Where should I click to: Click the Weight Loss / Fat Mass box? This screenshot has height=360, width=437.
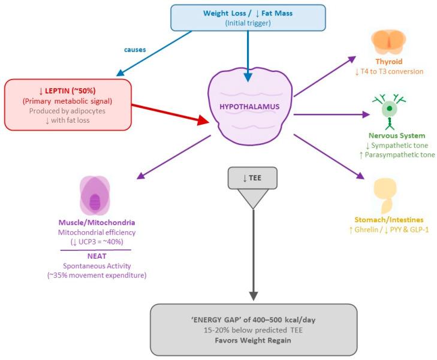click(248, 17)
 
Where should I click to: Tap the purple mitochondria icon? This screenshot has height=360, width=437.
click(95, 197)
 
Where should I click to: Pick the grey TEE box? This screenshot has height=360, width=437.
click(253, 178)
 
